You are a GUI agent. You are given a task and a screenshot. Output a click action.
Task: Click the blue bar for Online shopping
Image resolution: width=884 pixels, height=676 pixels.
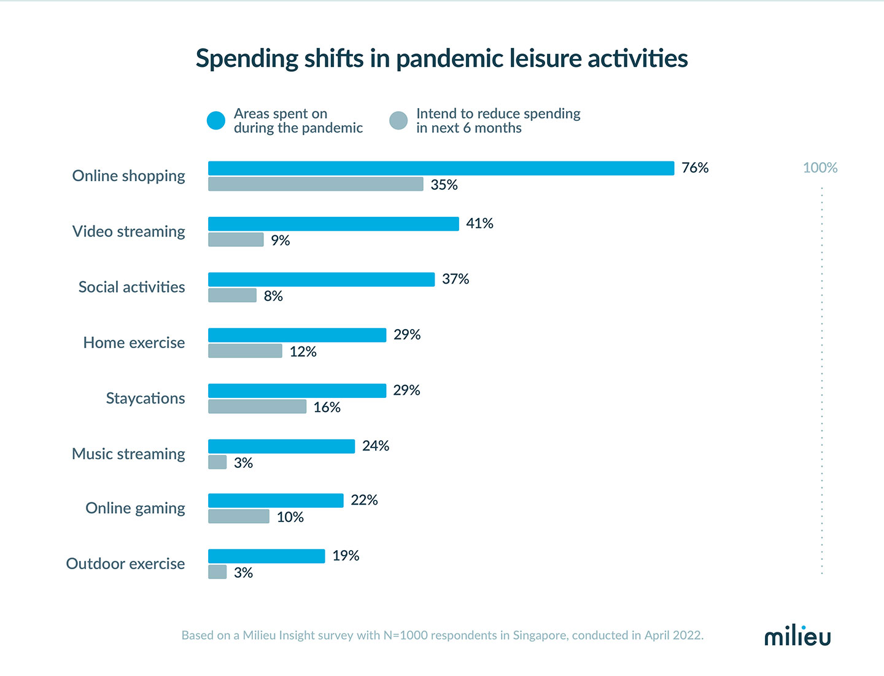coord(441,168)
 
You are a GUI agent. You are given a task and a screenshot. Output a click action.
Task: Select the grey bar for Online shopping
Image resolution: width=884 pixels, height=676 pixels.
coord(316,184)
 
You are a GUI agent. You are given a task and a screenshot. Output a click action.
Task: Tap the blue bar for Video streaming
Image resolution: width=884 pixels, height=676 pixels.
coord(333,224)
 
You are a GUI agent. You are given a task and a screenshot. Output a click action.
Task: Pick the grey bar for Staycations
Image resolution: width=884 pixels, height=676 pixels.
coord(257,406)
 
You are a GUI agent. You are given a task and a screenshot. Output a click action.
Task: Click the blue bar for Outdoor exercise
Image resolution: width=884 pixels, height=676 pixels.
coord(266,556)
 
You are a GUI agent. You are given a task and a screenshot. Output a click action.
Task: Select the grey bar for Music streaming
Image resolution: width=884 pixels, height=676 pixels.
coord(217,462)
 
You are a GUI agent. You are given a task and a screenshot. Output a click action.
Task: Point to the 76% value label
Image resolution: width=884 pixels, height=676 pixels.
coord(695,168)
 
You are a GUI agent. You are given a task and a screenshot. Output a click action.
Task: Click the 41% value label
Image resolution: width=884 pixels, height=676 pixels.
coord(479,223)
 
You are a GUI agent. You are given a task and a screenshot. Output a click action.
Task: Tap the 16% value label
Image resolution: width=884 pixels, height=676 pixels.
coord(327,408)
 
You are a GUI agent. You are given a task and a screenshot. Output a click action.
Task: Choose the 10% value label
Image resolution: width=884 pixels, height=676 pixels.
coord(290,518)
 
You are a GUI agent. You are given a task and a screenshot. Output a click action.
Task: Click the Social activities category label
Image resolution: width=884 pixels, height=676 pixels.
coord(131,287)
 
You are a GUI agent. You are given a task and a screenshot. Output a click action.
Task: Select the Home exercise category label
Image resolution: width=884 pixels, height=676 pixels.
coord(134,343)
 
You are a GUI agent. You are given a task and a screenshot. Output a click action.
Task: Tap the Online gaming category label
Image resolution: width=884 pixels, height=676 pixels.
coord(135,508)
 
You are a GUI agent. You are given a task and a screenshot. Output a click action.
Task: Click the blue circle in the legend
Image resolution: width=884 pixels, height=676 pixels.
coord(216,121)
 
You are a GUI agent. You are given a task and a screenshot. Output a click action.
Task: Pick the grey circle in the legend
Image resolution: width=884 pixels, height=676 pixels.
coord(398,121)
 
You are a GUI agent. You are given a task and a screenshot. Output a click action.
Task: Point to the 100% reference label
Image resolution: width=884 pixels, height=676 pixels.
coord(820,168)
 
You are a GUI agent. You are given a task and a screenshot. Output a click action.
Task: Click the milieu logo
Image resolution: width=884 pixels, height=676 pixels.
coord(797,636)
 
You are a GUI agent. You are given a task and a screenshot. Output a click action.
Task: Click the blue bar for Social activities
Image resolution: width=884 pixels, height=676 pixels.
coord(321,279)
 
